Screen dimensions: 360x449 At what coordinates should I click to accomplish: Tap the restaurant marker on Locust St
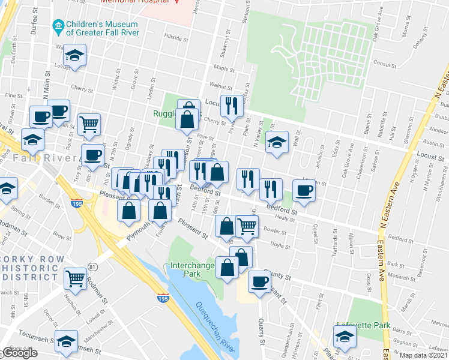click(232, 106)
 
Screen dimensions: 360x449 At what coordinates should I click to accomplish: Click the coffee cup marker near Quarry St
click(259, 281)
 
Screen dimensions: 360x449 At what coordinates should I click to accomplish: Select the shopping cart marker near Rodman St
click(75, 278)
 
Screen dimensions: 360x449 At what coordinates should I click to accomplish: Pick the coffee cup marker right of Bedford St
click(304, 191)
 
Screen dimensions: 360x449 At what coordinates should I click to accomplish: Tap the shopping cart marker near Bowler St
click(247, 226)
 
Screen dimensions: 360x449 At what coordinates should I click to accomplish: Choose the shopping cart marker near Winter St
click(88, 124)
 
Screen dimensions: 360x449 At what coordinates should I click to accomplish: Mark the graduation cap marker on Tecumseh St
click(66, 341)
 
